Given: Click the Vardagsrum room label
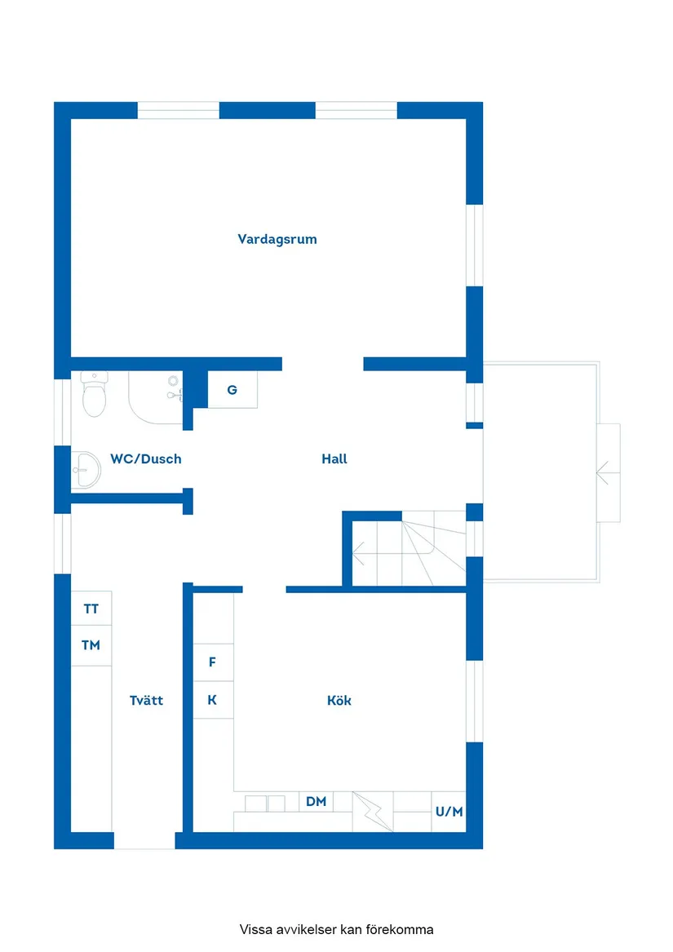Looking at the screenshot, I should click(277, 240).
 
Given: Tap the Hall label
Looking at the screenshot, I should click(334, 459).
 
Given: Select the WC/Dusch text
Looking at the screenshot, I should click(146, 459).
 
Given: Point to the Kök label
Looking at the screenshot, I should click(339, 701).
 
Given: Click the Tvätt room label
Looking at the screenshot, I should click(147, 701).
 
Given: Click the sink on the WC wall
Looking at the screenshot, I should click(85, 469).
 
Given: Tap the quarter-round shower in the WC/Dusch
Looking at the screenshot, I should click(155, 397).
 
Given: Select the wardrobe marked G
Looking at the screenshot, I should click(232, 390).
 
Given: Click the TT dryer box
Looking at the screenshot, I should click(91, 609).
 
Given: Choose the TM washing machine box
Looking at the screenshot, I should click(91, 645).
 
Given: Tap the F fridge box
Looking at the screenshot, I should click(213, 662).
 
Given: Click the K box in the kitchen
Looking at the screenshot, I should click(213, 700).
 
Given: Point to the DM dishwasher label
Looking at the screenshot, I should click(317, 802).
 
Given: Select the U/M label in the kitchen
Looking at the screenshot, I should click(449, 813).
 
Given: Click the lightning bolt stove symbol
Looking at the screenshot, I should click(373, 812).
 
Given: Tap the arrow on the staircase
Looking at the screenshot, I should click(359, 558).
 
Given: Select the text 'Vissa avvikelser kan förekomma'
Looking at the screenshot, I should click(337, 929).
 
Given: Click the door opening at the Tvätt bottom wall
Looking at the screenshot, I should click(144, 841).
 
